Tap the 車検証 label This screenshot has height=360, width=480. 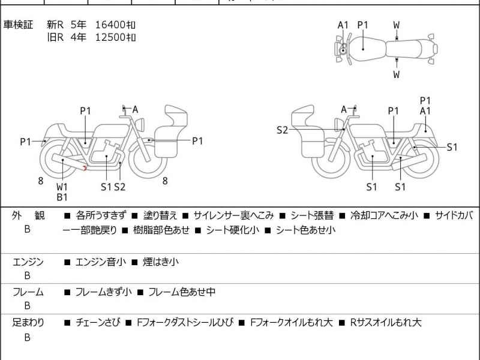point(19,25)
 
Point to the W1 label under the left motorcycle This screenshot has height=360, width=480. point(62,187)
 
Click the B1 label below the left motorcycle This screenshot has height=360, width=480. point(62,197)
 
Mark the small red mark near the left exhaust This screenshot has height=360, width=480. point(86,168)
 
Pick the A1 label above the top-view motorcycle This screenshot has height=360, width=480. point(343,25)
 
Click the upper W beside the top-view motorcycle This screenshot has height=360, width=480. point(397,25)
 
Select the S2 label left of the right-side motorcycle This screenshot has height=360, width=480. point(282,130)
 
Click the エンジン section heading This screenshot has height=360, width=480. point(28,262)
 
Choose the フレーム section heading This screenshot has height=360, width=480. point(28,292)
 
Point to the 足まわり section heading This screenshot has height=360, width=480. point(28,323)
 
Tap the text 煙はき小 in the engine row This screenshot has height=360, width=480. point(160,262)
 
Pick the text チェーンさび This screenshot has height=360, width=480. point(98,323)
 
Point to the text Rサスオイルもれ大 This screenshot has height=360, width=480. point(386,323)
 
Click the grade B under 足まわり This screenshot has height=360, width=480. point(27,338)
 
